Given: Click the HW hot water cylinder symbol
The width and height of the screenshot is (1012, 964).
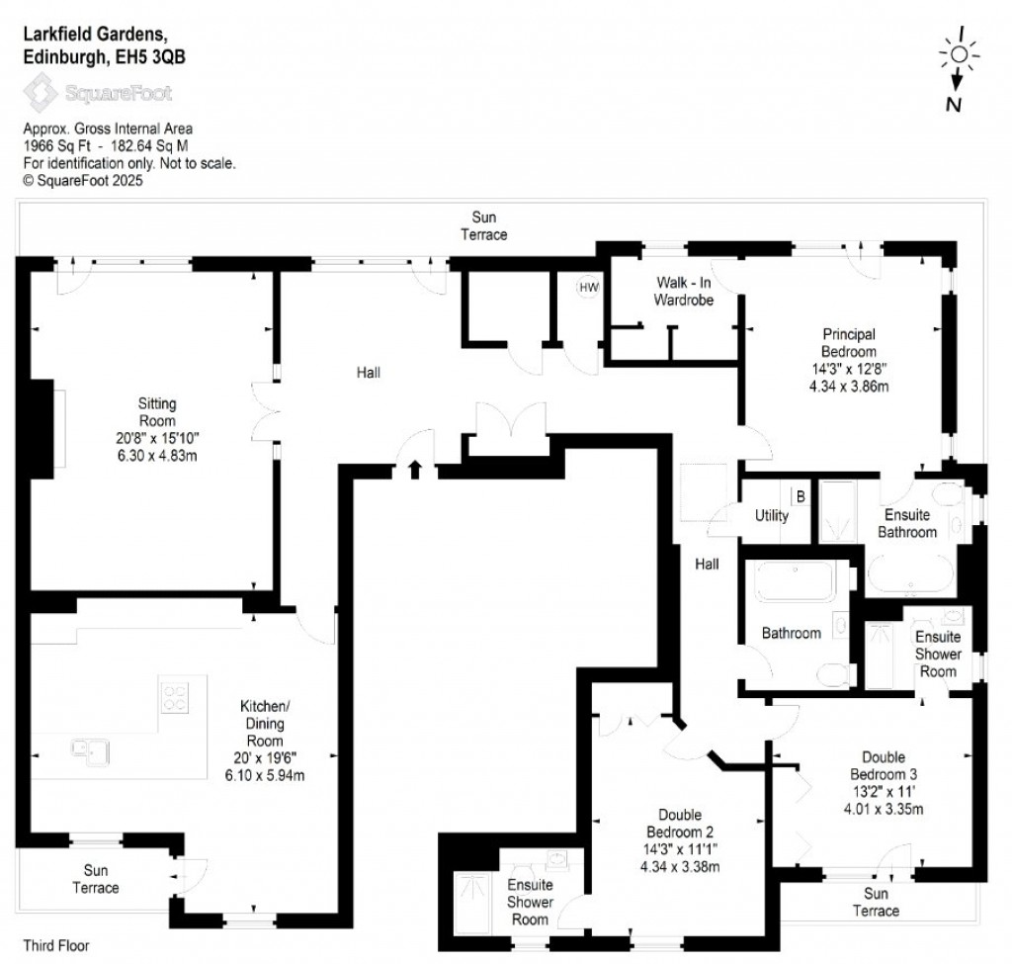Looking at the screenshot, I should coord(588,288).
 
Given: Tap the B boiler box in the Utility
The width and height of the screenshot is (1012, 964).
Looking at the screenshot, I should coord(800,496).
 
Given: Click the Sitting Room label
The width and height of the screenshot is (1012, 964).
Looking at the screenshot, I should coord(157,411).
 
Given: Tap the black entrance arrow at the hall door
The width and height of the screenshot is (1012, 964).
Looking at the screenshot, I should coord(415,469).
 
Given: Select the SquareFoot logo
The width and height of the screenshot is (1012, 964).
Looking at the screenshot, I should coord(98,94).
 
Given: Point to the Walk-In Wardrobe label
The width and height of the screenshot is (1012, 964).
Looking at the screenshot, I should coord(685,291).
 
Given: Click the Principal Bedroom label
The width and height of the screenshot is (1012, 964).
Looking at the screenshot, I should coord(848,343).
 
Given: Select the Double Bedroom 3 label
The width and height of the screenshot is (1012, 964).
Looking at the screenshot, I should coord(883,766).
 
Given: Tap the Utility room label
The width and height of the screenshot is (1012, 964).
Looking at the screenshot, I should coord(771,515).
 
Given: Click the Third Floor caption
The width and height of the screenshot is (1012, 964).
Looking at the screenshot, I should coord(56,946).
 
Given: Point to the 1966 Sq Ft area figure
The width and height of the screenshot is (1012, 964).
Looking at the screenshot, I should coord(57,144).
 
